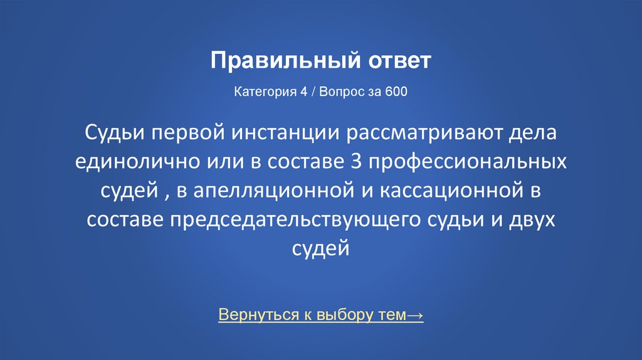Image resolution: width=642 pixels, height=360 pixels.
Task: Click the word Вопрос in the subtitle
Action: pyautogui.click(x=344, y=92)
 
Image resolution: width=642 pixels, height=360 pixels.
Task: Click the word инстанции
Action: pyautogui.click(x=278, y=134)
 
